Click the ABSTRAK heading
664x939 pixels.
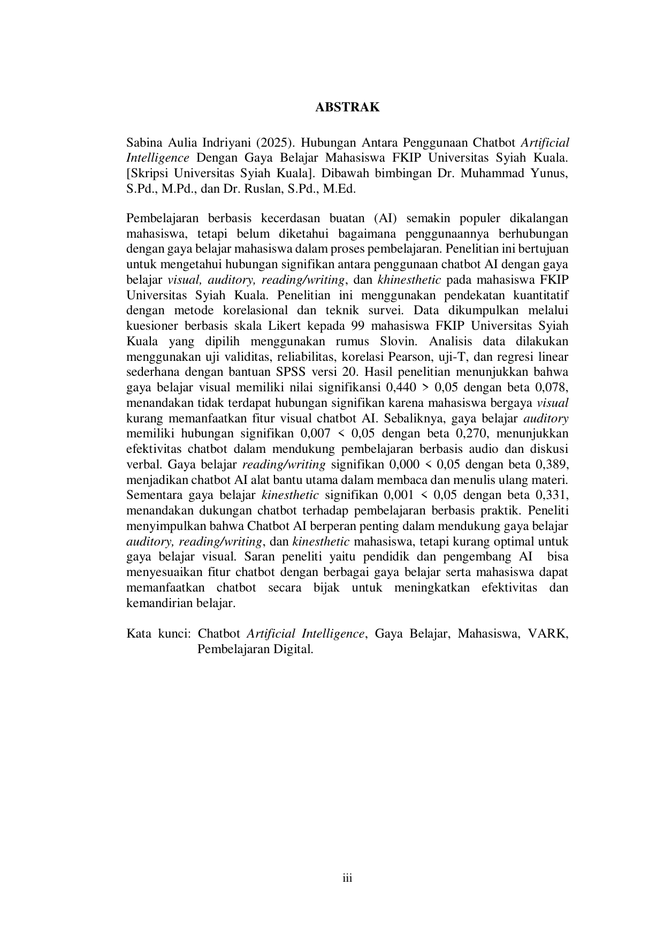[x=347, y=107]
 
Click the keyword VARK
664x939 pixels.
[x=547, y=634]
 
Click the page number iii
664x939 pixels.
[x=347, y=878]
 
